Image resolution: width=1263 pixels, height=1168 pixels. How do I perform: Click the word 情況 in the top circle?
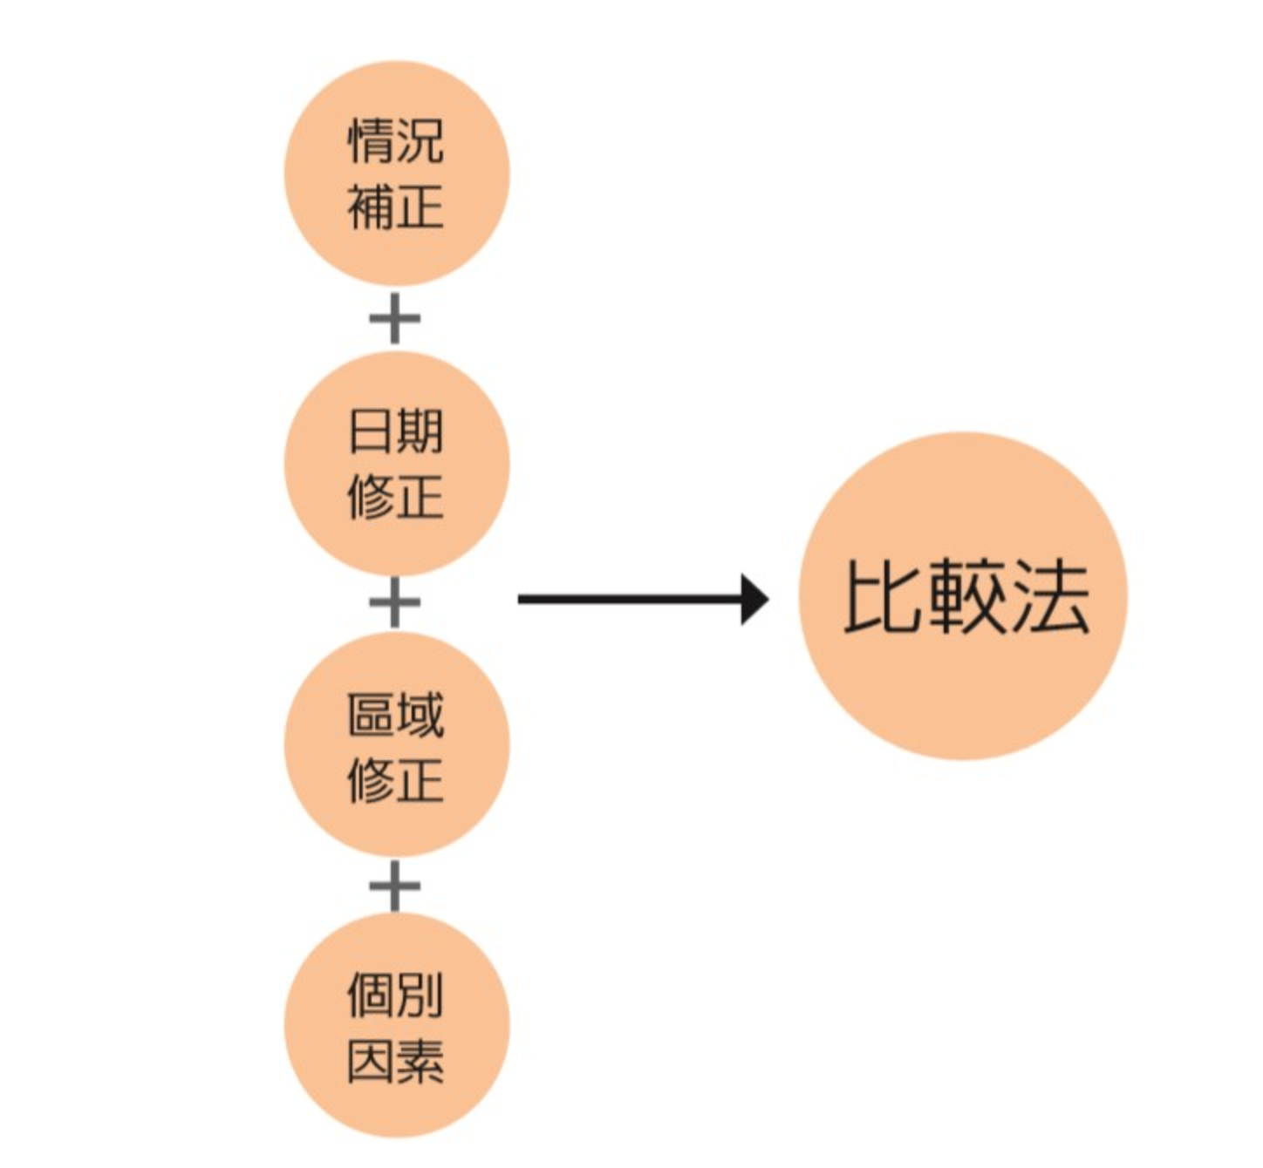click(x=396, y=141)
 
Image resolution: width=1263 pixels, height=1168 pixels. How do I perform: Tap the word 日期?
click(x=396, y=431)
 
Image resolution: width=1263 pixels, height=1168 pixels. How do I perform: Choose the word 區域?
click(x=396, y=715)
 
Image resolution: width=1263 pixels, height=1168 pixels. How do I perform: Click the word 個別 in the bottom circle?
click(x=396, y=995)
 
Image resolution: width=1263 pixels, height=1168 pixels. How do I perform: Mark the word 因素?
click(x=396, y=1062)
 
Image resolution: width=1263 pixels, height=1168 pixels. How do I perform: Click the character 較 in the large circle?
click(x=965, y=596)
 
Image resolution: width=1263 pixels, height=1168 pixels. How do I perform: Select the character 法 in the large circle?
click(x=1050, y=596)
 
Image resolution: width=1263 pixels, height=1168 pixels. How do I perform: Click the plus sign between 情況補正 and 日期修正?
click(x=395, y=318)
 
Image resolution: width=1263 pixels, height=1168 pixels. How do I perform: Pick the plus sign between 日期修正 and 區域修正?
click(x=395, y=601)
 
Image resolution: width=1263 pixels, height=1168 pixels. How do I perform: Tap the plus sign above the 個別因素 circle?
click(x=395, y=886)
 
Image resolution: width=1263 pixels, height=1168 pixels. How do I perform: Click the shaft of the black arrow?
click(x=628, y=599)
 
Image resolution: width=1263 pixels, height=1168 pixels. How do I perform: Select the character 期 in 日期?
click(x=420, y=431)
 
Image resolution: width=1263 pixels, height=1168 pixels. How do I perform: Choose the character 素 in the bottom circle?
click(x=420, y=1062)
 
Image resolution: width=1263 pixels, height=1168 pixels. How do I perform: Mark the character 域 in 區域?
click(x=420, y=715)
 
